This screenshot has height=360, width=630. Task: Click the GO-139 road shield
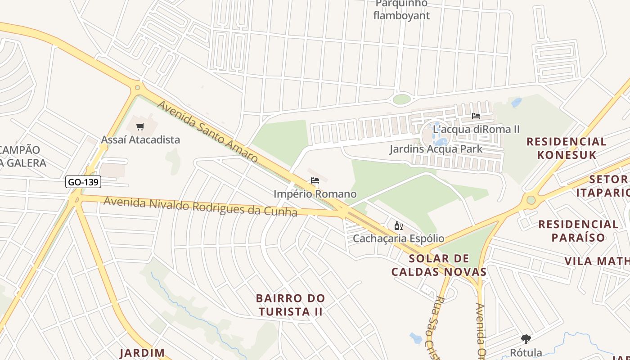pyautogui.click(x=83, y=182)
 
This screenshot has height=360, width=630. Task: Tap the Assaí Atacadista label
pyautogui.click(x=140, y=139)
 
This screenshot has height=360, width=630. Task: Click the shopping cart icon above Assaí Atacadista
pyautogui.click(x=140, y=127)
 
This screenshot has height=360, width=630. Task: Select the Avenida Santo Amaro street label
pyautogui.click(x=207, y=131)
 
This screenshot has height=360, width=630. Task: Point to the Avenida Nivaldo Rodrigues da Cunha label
pyautogui.click(x=200, y=207)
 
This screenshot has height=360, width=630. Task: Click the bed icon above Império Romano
pyautogui.click(x=315, y=181)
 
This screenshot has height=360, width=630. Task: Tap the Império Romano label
pyautogui.click(x=315, y=194)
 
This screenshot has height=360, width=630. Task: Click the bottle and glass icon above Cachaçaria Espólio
pyautogui.click(x=398, y=226)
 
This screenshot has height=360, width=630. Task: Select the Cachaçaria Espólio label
pyautogui.click(x=398, y=238)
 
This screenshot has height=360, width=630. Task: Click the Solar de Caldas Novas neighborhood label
pyautogui.click(x=439, y=265)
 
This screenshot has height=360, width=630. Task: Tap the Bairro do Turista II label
pyautogui.click(x=290, y=305)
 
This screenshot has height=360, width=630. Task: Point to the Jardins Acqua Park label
pyautogui.click(x=436, y=149)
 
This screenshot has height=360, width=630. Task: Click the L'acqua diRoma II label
pyautogui.click(x=476, y=129)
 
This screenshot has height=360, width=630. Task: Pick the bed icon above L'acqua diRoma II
pyautogui.click(x=476, y=116)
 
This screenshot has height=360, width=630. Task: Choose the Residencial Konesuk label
pyautogui.click(x=567, y=148)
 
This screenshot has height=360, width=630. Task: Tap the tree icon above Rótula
pyautogui.click(x=526, y=339)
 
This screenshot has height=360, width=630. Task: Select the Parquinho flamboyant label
pyautogui.click(x=401, y=10)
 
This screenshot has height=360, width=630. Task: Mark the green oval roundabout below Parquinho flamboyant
pyautogui.click(x=401, y=99)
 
